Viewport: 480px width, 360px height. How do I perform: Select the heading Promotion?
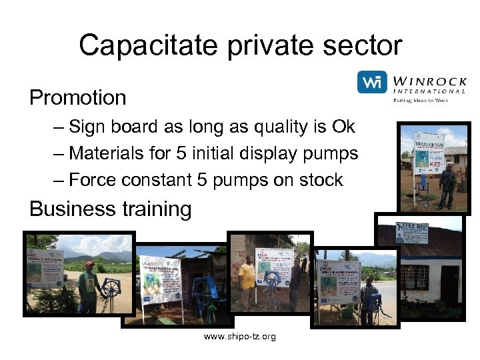[77, 98]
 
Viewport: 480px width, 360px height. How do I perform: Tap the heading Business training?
[110, 209]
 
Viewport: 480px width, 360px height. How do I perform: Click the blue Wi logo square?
[372, 83]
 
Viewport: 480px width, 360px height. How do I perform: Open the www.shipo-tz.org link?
[239, 337]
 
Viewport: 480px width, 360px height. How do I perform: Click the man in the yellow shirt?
[247, 280]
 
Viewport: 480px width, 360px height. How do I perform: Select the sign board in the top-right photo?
[428, 152]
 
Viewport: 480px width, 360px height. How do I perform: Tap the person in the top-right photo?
[448, 185]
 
